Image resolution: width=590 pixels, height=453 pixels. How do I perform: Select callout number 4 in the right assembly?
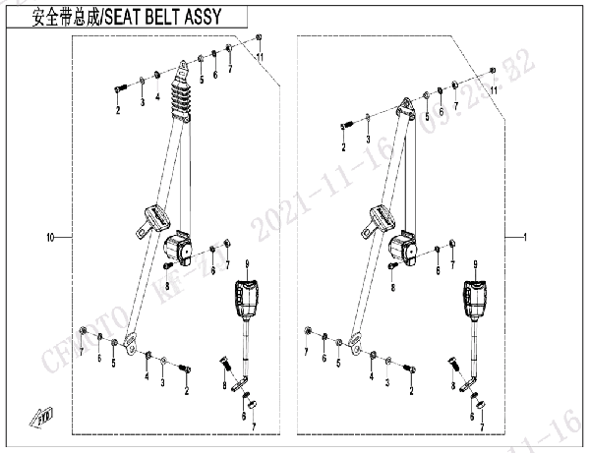coord(371,376)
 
